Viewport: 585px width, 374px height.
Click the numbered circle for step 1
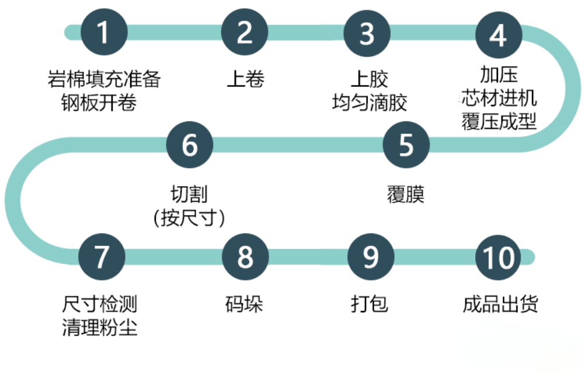(x=103, y=33)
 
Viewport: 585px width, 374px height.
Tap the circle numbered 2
(x=245, y=33)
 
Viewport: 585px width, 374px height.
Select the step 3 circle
(x=367, y=33)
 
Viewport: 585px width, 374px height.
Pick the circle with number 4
(x=498, y=35)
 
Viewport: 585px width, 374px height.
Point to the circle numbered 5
(x=406, y=144)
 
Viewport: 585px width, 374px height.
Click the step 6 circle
(x=190, y=144)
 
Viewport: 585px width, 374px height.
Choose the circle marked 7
(x=102, y=256)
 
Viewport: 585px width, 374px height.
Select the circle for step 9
(x=370, y=256)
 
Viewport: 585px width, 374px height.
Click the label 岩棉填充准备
(x=104, y=78)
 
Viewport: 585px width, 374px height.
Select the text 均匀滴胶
(x=369, y=103)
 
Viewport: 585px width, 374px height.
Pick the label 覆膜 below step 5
(x=405, y=194)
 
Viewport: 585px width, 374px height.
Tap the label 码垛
(x=244, y=304)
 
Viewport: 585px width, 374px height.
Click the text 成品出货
(x=500, y=304)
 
